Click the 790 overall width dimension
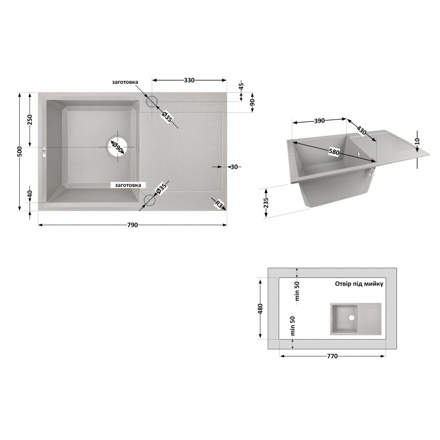coord(133,225)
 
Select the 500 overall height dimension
coord(20,152)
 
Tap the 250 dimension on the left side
coord(30,120)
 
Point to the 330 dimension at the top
coord(189,80)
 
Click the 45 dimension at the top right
coord(241,85)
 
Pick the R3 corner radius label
coord(218,205)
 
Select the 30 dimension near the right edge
coord(234,167)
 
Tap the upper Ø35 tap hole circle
coord(152,101)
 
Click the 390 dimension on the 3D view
coord(319,121)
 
